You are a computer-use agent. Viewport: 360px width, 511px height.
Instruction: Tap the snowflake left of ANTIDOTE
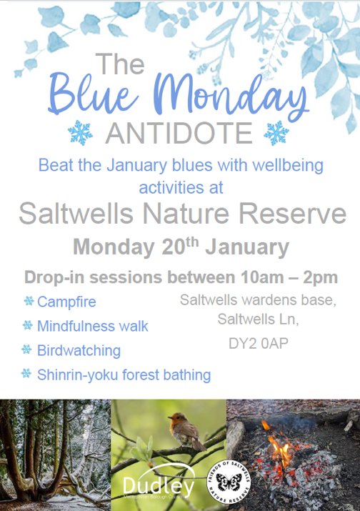(x=81, y=133)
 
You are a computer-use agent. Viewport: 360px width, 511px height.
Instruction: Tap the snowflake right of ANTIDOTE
(x=276, y=133)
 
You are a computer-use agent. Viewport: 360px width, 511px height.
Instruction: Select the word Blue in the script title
(x=94, y=96)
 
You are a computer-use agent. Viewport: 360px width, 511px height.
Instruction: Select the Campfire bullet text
(x=65, y=302)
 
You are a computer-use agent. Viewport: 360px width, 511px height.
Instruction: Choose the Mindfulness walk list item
(x=93, y=326)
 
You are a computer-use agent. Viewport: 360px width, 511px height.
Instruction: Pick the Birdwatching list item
(x=79, y=350)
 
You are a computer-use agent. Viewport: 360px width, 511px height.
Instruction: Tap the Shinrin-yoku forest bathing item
(x=124, y=374)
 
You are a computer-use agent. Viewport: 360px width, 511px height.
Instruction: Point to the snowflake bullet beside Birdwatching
(x=27, y=349)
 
